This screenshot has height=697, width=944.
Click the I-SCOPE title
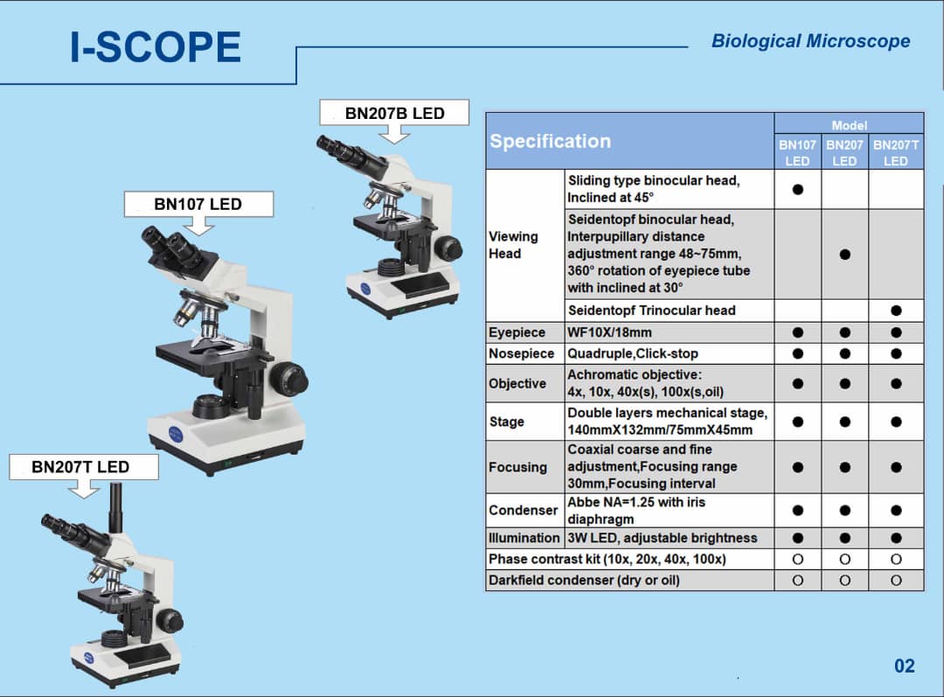[x=156, y=47]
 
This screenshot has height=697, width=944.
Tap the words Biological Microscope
[x=810, y=41]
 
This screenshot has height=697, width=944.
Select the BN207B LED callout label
[x=394, y=114]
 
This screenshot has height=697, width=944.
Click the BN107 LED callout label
[x=198, y=205]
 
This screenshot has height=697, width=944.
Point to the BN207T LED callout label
[x=80, y=467]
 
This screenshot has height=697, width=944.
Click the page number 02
[x=904, y=666]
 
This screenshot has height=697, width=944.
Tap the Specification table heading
[x=551, y=142]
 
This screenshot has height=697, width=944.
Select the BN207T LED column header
[x=895, y=153]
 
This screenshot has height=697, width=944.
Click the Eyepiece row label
[x=517, y=332]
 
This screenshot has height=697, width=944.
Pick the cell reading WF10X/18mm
[x=609, y=332]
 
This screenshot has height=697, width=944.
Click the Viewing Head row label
[x=513, y=245]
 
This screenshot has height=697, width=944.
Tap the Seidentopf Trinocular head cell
[x=651, y=310]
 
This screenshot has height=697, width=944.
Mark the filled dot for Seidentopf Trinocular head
[x=896, y=310]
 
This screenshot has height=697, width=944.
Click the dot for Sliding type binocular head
[x=797, y=189]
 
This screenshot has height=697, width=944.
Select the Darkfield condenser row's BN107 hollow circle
[x=797, y=580]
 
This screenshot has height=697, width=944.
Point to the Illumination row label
[x=524, y=538]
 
